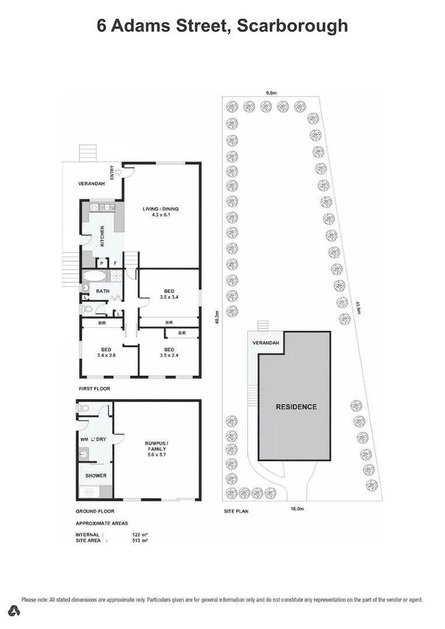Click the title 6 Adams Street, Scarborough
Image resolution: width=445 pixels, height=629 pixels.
[x=222, y=26]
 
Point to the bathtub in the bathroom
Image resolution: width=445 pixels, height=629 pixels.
[x=93, y=275]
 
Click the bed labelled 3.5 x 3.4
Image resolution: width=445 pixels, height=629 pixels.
[x=169, y=295]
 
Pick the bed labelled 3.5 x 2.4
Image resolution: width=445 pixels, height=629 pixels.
[x=169, y=353]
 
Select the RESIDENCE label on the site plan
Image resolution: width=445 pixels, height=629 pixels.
[x=296, y=407]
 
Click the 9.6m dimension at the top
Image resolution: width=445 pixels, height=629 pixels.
[x=271, y=92]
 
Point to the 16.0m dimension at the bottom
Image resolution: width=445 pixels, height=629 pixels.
[x=297, y=508]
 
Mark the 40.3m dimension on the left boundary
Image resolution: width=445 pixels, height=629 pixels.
[x=217, y=319]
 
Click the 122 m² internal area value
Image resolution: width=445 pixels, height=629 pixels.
[x=140, y=534]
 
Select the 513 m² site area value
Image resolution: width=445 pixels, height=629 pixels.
[x=140, y=540]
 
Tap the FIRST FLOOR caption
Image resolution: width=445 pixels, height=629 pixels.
[x=94, y=388]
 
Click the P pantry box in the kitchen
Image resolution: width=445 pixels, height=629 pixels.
[x=101, y=263]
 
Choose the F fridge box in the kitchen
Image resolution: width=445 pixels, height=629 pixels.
[x=115, y=263]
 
